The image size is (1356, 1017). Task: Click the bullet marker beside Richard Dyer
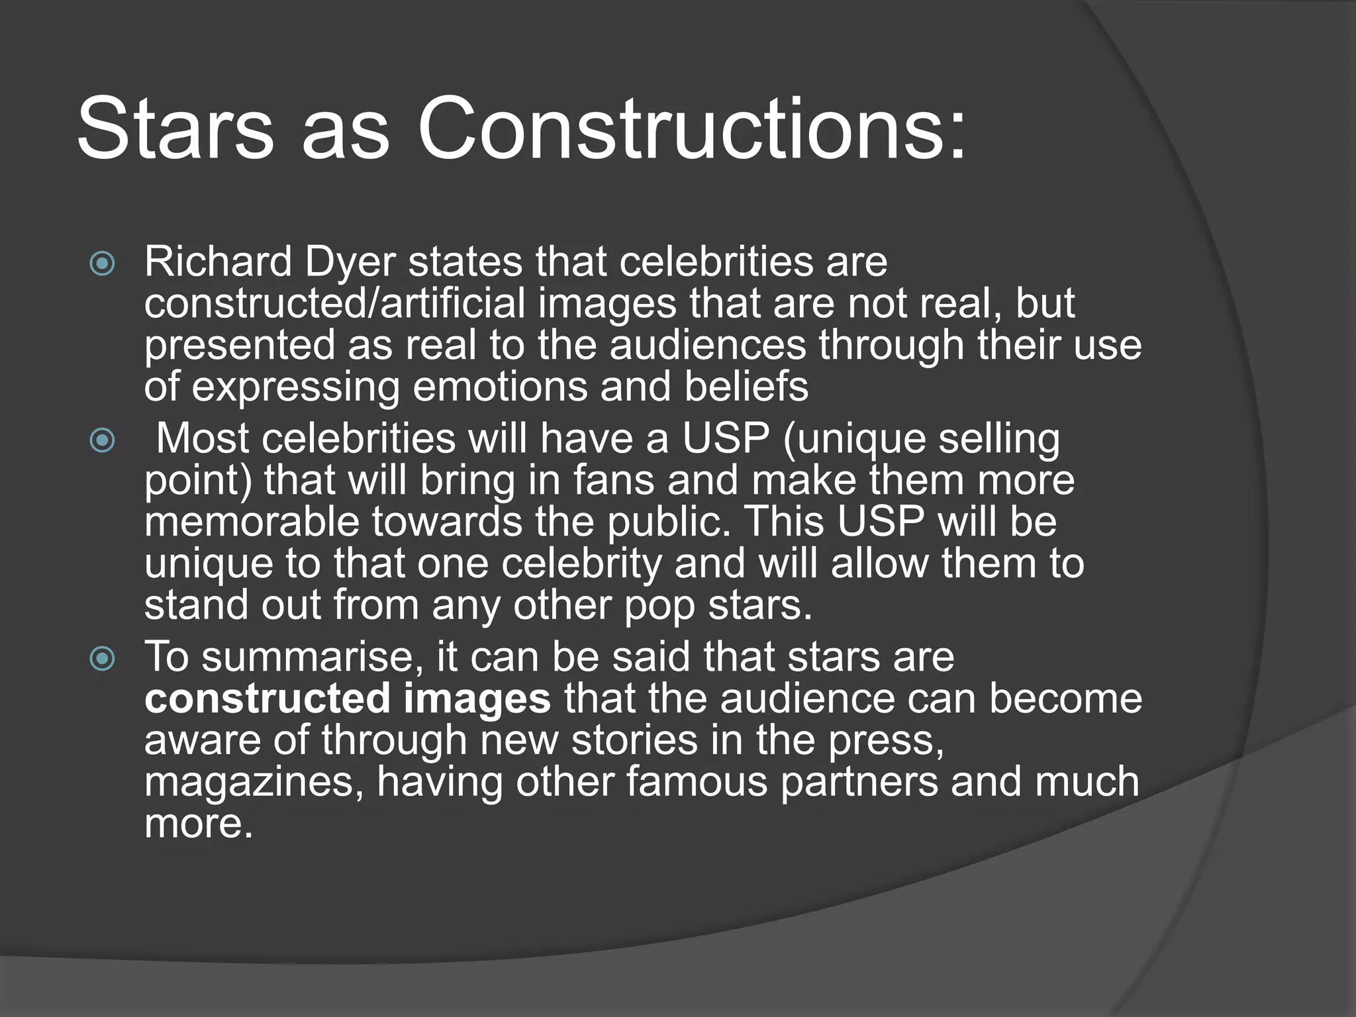[102, 264]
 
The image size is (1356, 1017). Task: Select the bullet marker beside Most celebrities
[102, 440]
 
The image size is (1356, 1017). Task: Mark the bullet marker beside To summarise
[102, 658]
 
